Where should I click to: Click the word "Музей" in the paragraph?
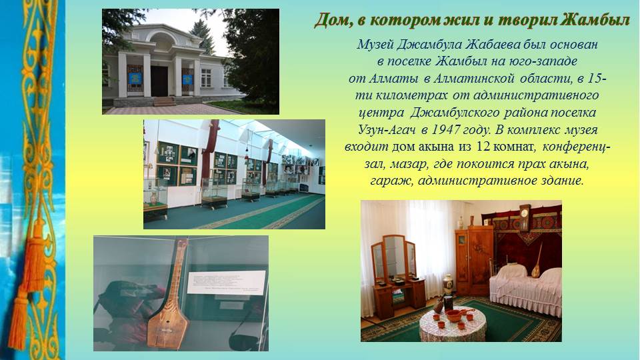point(375,44)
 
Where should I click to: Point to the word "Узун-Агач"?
point(387,130)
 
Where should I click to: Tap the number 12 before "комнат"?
point(483,147)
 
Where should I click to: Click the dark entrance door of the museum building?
point(159,81)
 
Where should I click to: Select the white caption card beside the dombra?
point(226,283)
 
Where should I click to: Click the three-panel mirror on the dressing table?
point(394,256)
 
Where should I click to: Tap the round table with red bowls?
point(453,324)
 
